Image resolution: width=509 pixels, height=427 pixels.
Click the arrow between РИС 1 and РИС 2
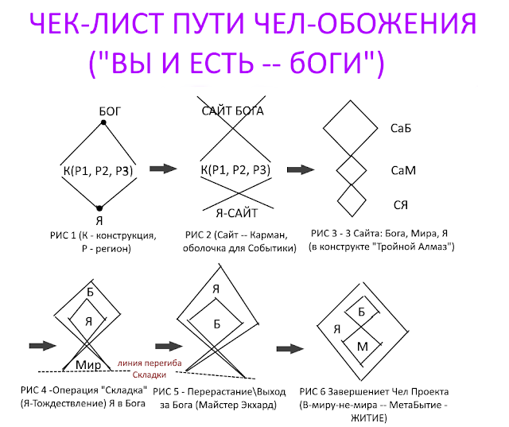click(x=163, y=169)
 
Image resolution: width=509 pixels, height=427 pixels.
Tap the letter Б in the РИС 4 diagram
click(x=90, y=293)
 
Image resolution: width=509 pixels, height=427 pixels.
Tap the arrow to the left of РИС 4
click(x=40, y=344)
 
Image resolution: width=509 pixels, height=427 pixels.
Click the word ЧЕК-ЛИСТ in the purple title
click(x=98, y=28)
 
